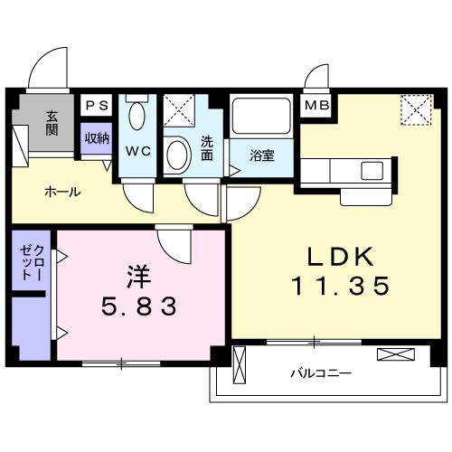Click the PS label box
[x=97, y=105]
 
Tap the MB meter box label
[x=316, y=105]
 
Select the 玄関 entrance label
[x=52, y=123]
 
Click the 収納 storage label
[x=97, y=138]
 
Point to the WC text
[x=138, y=151]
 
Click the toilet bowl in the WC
[x=137, y=116]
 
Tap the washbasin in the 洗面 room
[x=178, y=155]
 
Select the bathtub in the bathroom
[x=261, y=116]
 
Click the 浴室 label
[x=262, y=155]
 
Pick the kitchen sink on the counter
[x=372, y=171]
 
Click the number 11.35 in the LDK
[x=340, y=286]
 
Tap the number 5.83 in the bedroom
[x=138, y=306]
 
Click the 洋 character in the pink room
[x=138, y=277]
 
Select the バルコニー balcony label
[x=321, y=374]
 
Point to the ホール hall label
[x=62, y=192]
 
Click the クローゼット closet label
[x=32, y=262]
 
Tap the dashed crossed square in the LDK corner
[x=417, y=109]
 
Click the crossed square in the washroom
[x=179, y=110]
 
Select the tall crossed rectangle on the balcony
[x=240, y=365]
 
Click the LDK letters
[x=340, y=257]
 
